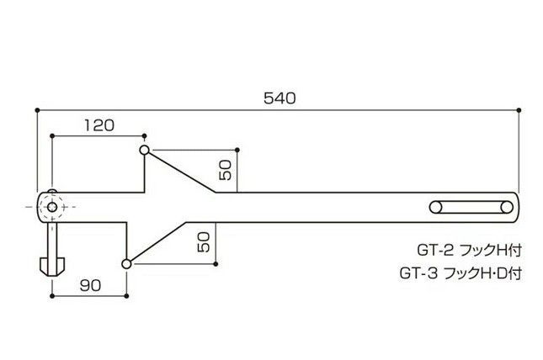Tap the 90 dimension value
[x=90, y=285]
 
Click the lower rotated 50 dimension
[x=203, y=243]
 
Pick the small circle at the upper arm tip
[x=145, y=150]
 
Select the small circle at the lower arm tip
[x=127, y=263]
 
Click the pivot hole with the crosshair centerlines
[x=52, y=206]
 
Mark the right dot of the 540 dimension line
[x=519, y=109]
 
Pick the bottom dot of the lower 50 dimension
[x=216, y=263]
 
